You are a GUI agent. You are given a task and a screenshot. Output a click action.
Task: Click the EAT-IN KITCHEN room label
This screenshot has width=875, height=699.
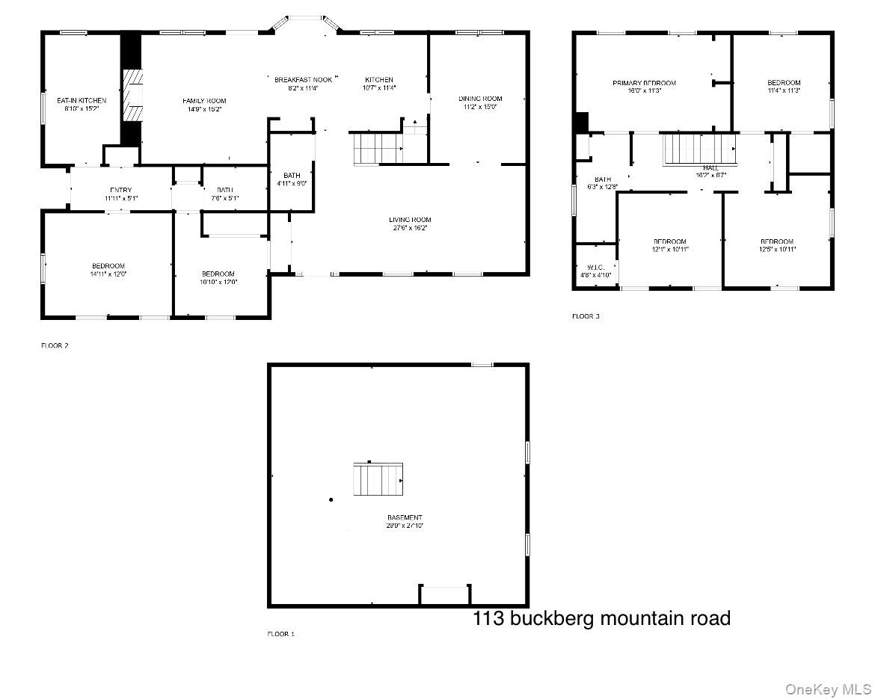click(x=82, y=100)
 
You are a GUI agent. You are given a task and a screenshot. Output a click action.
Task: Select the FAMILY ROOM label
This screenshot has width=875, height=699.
click(x=204, y=101)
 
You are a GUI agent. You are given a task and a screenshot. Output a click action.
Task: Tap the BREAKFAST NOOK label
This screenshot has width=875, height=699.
click(x=303, y=80)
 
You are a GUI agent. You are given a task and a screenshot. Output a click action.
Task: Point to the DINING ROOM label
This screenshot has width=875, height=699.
click(x=480, y=99)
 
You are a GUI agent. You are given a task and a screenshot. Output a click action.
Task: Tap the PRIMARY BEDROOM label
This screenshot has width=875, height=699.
click(x=644, y=83)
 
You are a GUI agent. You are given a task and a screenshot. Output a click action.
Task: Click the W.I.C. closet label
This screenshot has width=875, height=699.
click(x=596, y=267)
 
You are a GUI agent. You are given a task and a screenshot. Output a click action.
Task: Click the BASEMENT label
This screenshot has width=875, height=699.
click(x=405, y=517)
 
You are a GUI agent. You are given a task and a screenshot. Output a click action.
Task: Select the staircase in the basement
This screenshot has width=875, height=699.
click(x=378, y=479)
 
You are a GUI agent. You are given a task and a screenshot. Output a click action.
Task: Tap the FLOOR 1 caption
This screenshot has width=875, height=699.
click(x=281, y=634)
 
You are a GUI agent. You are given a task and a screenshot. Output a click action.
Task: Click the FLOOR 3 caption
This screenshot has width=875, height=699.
click(x=586, y=316)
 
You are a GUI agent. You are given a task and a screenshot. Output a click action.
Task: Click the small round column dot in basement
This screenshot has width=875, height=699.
click(x=331, y=499)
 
